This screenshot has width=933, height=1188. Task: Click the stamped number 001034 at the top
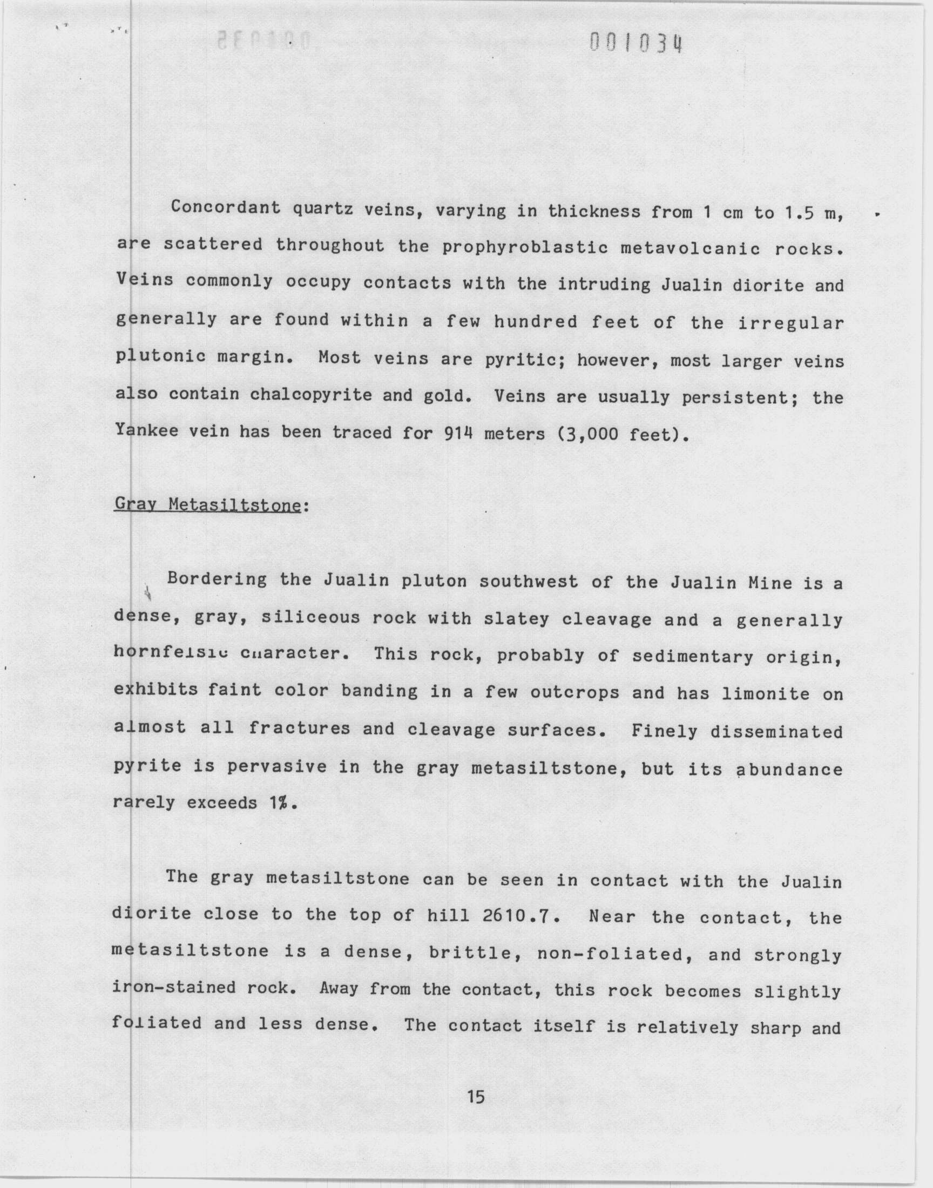click(637, 43)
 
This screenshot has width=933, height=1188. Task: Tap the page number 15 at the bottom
click(476, 1097)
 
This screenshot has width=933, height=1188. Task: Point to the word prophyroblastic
click(524, 248)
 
